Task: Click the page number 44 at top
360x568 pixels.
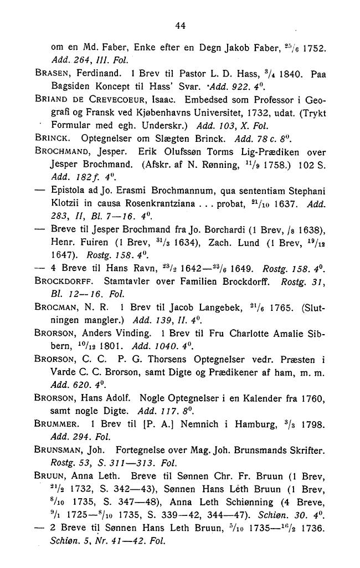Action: click(179, 24)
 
